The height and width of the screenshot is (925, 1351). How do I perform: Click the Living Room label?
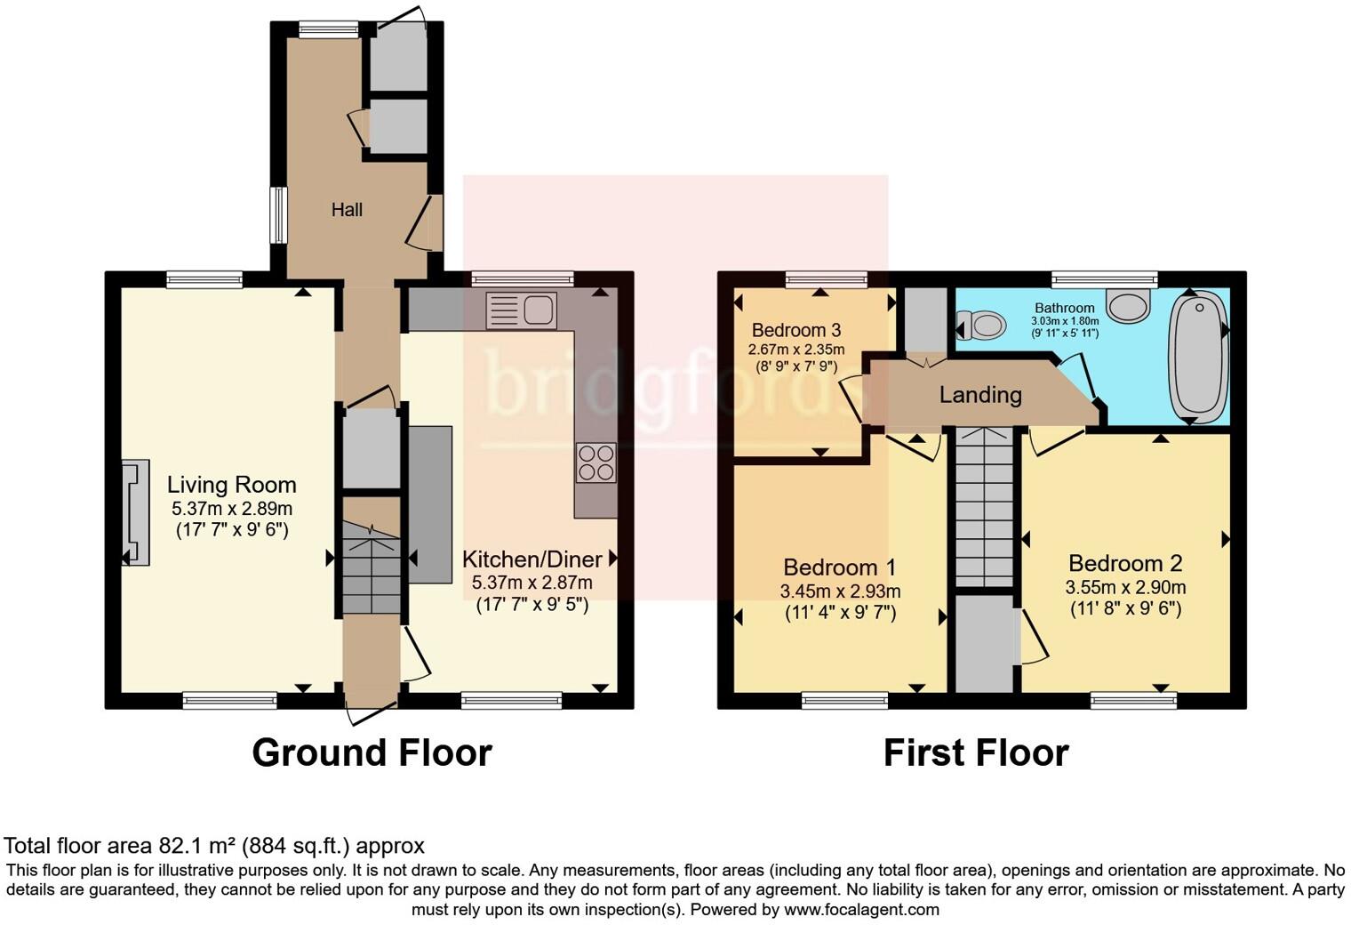coord(231,486)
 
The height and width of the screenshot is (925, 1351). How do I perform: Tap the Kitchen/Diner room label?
coord(532,559)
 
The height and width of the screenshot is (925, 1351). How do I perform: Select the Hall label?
coord(347,210)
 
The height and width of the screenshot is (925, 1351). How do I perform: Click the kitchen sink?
coord(521,310)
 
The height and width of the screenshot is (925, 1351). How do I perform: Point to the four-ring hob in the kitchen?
coord(596,462)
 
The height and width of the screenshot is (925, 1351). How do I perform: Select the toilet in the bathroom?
coord(979,325)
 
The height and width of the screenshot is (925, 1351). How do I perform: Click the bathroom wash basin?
coord(1129,305)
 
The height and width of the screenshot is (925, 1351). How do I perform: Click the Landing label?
coord(980,394)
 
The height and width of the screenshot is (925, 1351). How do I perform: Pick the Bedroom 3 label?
coord(796,331)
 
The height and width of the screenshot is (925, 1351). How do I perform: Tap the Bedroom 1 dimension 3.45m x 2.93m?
coord(840,591)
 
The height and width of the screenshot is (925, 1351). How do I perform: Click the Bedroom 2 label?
coord(1125,563)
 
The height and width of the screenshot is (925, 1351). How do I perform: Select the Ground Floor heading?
coord(372,752)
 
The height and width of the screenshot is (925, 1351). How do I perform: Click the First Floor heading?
coord(975,752)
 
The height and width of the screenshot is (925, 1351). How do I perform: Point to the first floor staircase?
coord(984,507)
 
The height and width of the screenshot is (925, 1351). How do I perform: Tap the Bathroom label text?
coord(1064,308)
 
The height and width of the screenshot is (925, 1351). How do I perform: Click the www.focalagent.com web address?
coord(860,909)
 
